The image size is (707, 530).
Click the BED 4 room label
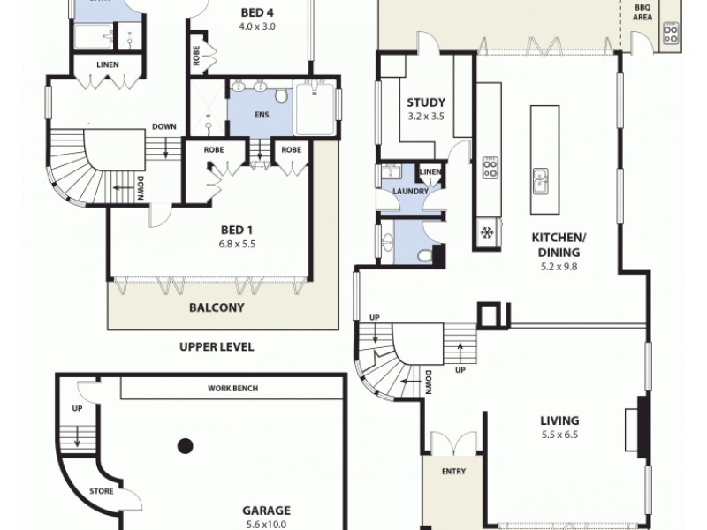coord(258,13)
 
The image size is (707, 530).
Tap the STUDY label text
coord(425,102)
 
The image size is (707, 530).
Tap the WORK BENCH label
coord(232,388)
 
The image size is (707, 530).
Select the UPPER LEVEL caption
coord(216,347)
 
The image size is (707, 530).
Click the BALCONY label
coord(216,309)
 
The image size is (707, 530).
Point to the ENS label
coord(260,114)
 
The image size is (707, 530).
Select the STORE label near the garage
coord(100,491)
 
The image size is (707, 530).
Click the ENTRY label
coord(452,472)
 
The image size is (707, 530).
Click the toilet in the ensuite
coord(280,96)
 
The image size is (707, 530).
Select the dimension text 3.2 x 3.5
coord(425,116)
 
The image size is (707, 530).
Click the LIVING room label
coord(560,420)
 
